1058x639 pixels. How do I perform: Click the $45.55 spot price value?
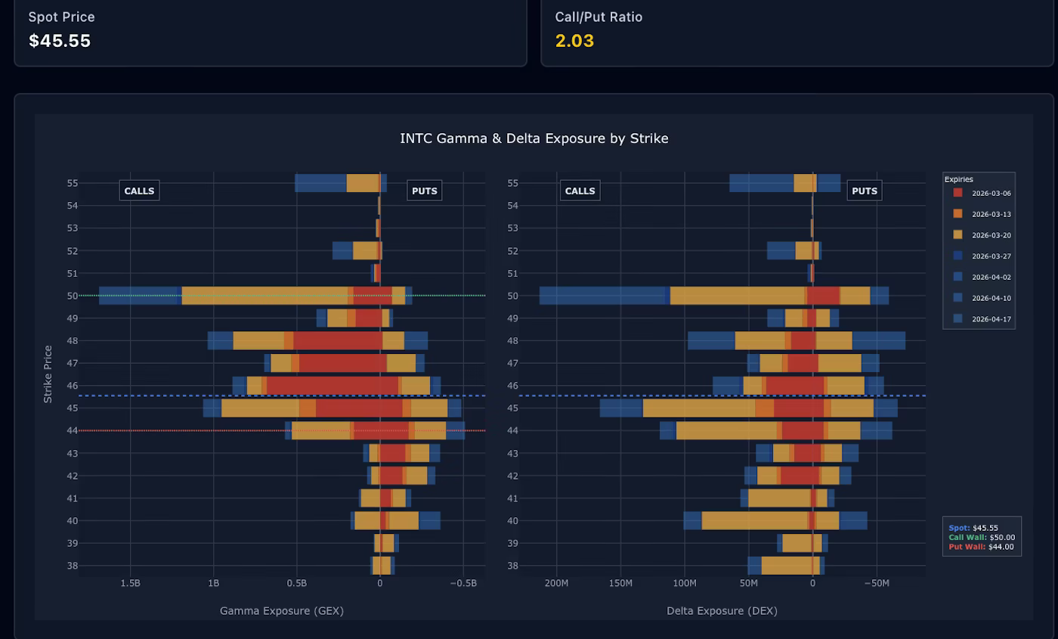[x=60, y=41]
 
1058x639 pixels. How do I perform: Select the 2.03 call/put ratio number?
[x=574, y=41]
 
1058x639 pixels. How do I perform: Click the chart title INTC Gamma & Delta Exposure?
[x=534, y=138]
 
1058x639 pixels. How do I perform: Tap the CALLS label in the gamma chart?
[x=139, y=191]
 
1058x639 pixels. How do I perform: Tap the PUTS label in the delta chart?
[x=864, y=191]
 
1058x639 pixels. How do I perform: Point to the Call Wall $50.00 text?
[x=982, y=538]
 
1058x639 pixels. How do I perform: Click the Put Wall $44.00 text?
[x=981, y=547]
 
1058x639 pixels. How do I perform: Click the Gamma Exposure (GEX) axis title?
[x=281, y=610]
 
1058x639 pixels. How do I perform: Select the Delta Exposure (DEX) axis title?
[x=722, y=610]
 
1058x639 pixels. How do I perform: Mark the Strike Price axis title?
[x=48, y=374]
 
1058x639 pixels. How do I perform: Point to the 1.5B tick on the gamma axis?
[x=130, y=583]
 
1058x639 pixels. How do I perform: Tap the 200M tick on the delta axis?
[x=556, y=583]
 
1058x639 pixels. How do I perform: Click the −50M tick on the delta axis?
[x=877, y=583]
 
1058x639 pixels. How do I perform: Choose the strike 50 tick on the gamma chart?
[x=73, y=296]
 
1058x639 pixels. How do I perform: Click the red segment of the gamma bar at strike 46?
[x=333, y=386]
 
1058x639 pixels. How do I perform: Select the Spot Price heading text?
[x=61, y=17]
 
